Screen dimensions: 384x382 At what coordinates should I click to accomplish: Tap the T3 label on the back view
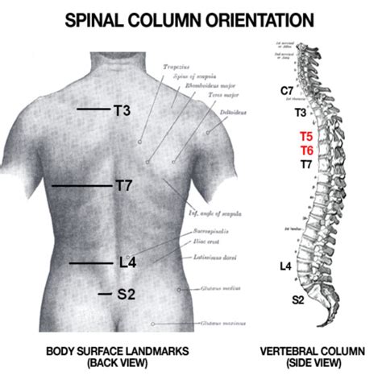tap(122, 109)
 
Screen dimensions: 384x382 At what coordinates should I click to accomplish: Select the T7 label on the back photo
tap(123, 186)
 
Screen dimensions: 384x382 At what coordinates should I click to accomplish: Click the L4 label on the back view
tap(127, 262)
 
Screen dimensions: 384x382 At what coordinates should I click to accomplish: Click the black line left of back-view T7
tap(81, 186)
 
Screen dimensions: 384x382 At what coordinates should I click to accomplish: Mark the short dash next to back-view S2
tap(104, 294)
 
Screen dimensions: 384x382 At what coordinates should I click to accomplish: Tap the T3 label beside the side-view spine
tap(300, 113)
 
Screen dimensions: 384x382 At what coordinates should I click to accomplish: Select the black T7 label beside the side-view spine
tap(306, 164)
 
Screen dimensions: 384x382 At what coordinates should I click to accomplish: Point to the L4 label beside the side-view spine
tap(285, 266)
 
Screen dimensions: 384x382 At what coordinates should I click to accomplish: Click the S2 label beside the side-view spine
tap(297, 299)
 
